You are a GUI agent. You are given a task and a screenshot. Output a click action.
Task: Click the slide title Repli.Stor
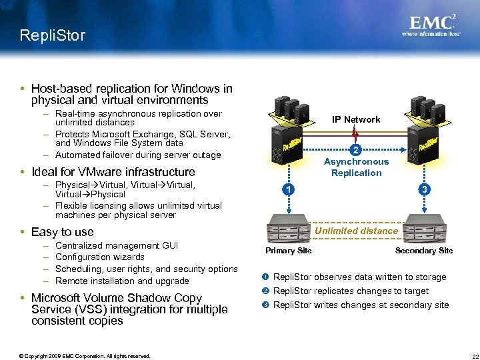point(53,35)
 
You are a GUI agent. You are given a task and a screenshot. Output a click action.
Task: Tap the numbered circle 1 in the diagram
point(285,189)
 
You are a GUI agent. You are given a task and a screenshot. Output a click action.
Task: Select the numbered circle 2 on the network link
point(357,149)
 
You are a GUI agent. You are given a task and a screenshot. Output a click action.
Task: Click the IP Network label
point(357,119)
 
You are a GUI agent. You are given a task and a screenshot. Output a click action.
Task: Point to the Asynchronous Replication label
point(356,167)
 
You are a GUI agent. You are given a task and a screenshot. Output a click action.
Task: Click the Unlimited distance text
point(356,231)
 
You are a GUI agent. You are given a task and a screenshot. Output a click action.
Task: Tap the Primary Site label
point(288,251)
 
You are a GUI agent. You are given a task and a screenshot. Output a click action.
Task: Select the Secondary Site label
point(423,251)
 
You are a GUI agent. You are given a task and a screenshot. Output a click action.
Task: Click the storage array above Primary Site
point(289,230)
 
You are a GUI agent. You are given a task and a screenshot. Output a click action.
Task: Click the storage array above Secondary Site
point(427,230)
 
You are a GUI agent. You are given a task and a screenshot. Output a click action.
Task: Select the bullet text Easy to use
point(62,232)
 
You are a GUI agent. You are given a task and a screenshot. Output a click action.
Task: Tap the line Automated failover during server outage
point(138,155)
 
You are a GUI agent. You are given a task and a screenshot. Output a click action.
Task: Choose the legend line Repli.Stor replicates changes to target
point(351,291)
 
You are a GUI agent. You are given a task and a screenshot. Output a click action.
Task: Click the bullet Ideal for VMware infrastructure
point(113,172)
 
